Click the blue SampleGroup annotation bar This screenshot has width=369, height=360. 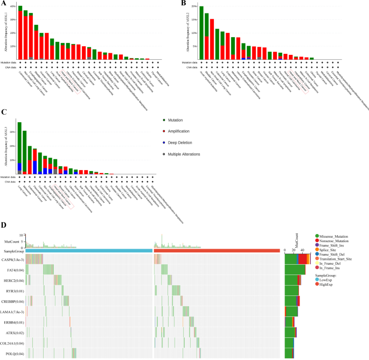[x=89, y=250]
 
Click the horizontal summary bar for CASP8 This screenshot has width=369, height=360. [x=296, y=259]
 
